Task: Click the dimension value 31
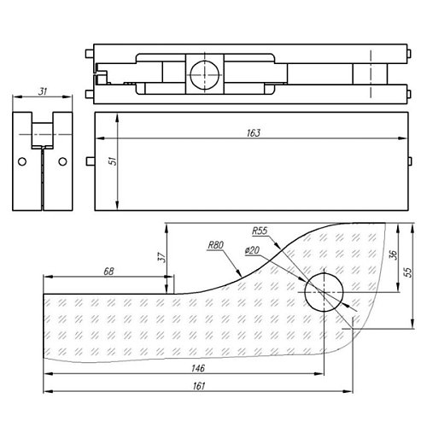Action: coord(43,91)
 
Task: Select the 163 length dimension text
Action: coord(254,133)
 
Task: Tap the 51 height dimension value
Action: coord(114,161)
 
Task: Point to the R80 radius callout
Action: coord(216,245)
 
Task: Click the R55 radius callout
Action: coord(260,231)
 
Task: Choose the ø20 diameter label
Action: coord(252,250)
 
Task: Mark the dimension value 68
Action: coord(108,272)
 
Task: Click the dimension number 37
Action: coord(161,257)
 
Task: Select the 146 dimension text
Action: coord(198,368)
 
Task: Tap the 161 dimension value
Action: coord(198,386)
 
